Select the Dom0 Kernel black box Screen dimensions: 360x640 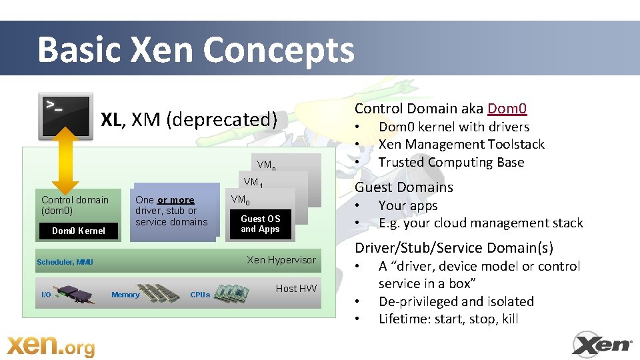tap(79, 231)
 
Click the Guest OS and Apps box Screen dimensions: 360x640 tap(260, 224)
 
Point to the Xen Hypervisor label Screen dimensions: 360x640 tap(281, 259)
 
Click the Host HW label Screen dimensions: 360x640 tap(296, 288)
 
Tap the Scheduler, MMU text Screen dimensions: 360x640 tap(65, 262)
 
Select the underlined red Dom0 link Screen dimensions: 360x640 tap(507, 109)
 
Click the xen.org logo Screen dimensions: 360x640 tap(51, 346)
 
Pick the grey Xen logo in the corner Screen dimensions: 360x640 tap(602, 344)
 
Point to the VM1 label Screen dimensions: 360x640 tap(253, 182)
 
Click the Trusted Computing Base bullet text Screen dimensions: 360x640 tap(451, 162)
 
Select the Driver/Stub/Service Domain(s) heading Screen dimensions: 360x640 tap(453, 248)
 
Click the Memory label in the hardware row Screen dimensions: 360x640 tap(125, 295)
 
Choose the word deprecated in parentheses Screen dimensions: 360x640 tap(221, 120)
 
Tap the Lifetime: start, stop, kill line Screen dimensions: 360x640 tap(448, 319)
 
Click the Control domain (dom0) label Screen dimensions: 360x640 tap(75, 205)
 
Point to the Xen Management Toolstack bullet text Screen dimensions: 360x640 tap(461, 144)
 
